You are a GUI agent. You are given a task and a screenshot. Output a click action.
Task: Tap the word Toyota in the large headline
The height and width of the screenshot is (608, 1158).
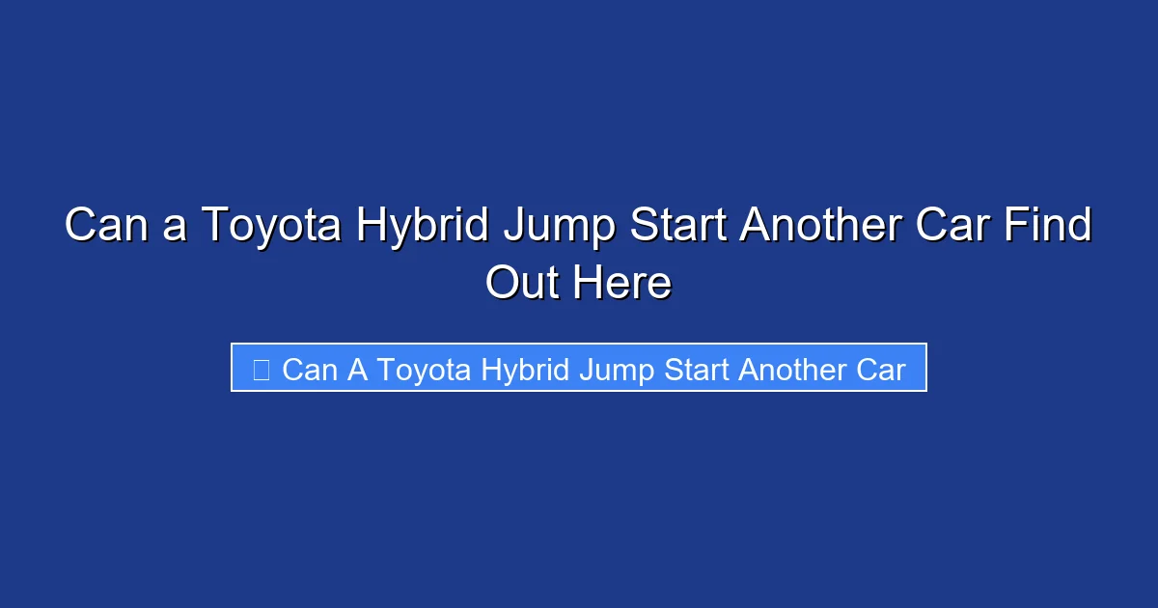point(269,227)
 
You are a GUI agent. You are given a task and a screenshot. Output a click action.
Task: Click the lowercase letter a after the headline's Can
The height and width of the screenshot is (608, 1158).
point(174,229)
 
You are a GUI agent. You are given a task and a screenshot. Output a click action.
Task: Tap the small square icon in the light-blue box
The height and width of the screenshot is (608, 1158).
point(261,370)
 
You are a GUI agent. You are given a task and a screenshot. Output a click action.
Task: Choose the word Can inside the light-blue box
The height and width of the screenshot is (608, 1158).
point(309,370)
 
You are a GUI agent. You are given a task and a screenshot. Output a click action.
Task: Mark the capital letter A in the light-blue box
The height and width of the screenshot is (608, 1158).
point(357,370)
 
